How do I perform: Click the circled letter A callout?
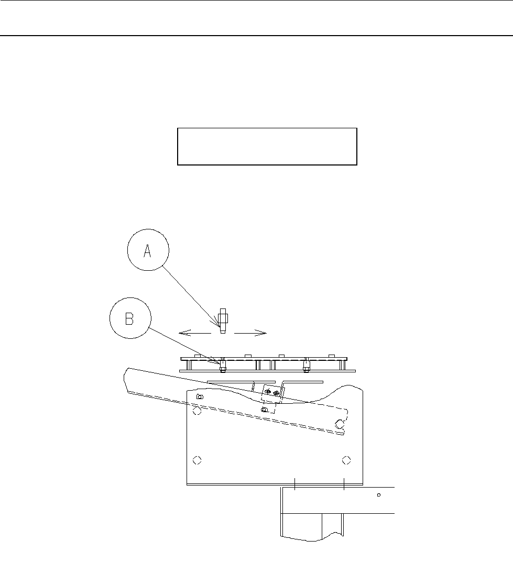click(148, 251)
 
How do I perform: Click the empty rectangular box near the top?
click(267, 146)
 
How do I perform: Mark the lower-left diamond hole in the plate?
click(197, 460)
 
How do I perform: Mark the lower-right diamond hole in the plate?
click(346, 460)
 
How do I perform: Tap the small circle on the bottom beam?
click(378, 494)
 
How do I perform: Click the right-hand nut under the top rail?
click(306, 365)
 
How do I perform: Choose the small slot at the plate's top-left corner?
click(199, 397)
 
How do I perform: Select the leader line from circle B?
click(183, 344)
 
